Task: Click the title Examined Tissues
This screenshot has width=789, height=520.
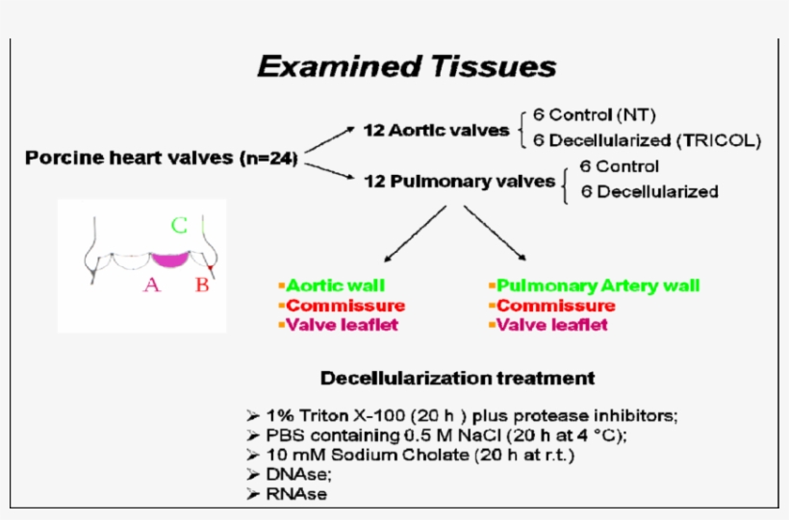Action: click(406, 66)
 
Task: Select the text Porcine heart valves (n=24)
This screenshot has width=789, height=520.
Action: click(161, 157)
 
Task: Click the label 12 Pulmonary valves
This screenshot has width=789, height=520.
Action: click(459, 181)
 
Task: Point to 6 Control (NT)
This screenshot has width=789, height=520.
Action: click(602, 114)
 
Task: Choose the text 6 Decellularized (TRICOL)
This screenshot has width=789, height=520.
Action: click(646, 140)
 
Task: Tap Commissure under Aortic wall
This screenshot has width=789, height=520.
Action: click(344, 306)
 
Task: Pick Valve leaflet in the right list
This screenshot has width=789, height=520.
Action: click(551, 325)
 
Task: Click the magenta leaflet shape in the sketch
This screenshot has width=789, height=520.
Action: click(170, 259)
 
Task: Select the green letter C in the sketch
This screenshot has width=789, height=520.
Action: click(179, 227)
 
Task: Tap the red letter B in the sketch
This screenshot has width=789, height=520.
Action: click(202, 285)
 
